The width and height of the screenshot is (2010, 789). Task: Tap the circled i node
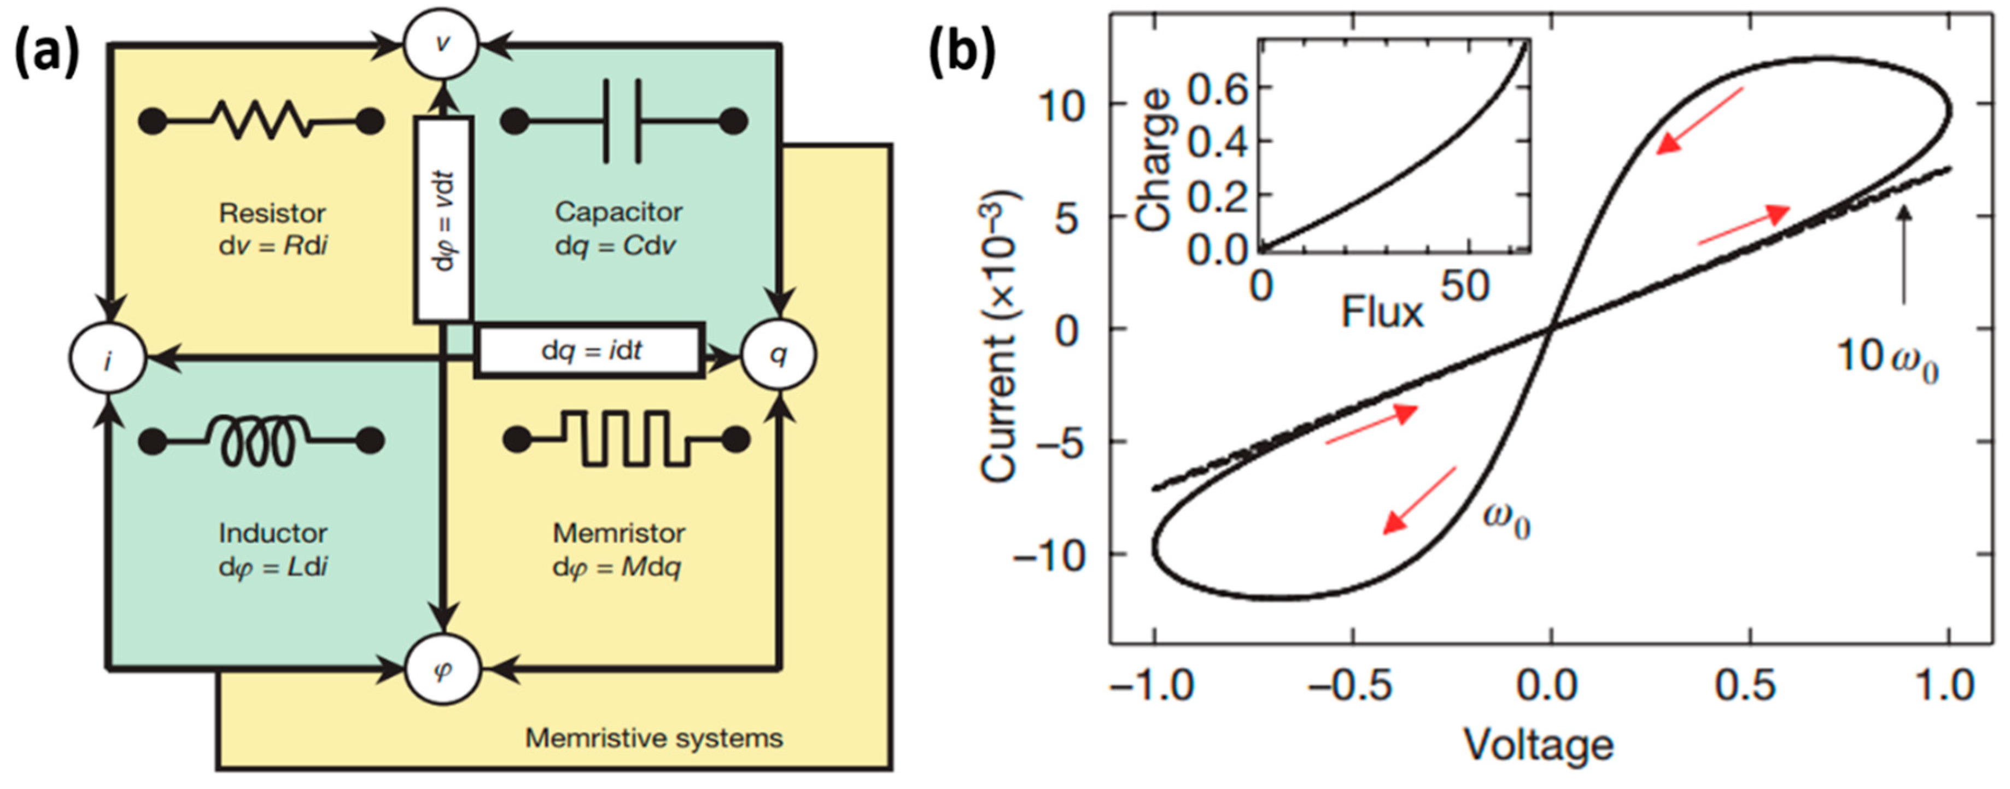(108, 360)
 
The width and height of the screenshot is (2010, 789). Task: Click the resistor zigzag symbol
(261, 121)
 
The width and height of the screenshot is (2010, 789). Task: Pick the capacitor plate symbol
(623, 121)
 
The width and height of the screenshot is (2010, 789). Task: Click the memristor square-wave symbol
(625, 440)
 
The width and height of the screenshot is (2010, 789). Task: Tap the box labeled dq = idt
(591, 351)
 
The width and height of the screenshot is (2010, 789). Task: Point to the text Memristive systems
(654, 738)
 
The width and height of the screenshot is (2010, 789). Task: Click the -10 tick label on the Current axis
(1049, 556)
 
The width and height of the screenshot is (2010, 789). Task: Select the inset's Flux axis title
(1382, 313)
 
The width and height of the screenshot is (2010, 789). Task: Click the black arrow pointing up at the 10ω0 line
(1904, 254)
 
